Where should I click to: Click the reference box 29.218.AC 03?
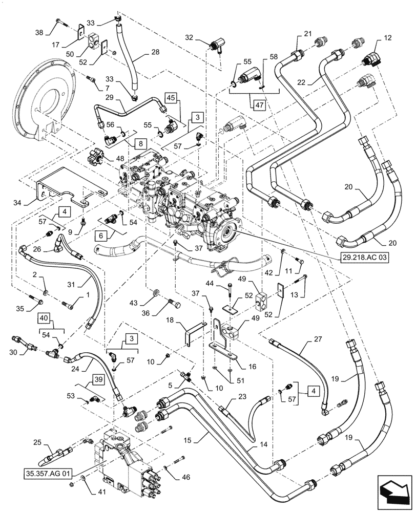point(363,258)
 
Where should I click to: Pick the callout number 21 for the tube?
point(307,34)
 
